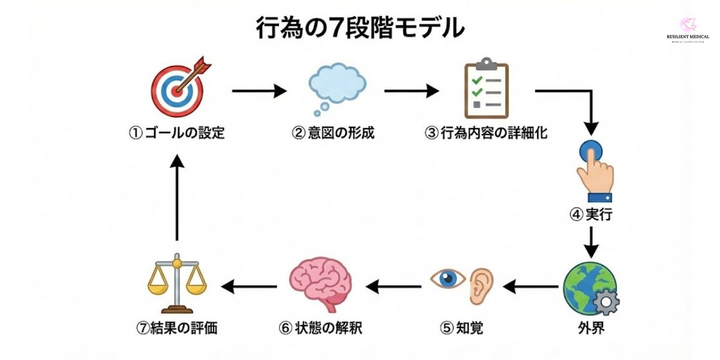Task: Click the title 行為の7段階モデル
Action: click(x=360, y=28)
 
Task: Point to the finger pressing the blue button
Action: click(x=593, y=171)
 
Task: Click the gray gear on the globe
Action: click(x=606, y=302)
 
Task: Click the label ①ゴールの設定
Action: click(x=177, y=133)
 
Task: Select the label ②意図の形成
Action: click(x=333, y=133)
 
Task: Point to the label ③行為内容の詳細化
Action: click(x=486, y=133)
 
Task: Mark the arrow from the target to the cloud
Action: click(x=259, y=91)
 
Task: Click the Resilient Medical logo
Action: click(x=688, y=30)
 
